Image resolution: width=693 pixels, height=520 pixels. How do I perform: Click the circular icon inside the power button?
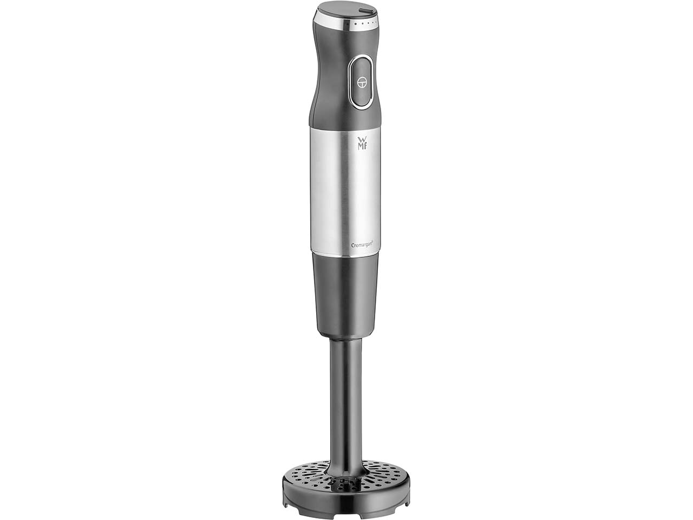point(362,82)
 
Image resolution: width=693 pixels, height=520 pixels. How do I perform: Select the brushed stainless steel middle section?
point(345,190)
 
